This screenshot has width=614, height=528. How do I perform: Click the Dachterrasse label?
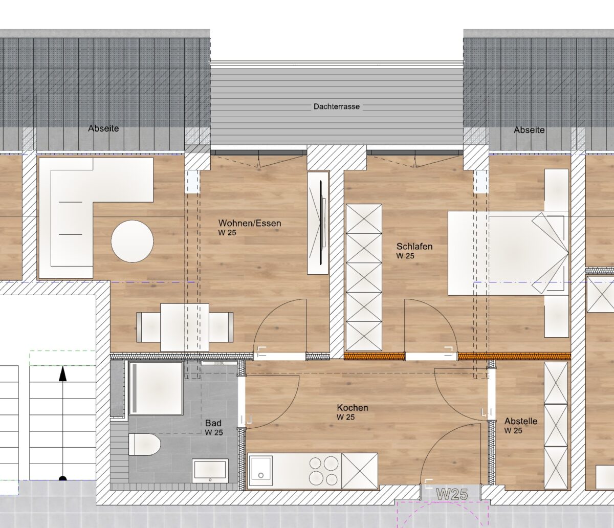(x=337, y=106)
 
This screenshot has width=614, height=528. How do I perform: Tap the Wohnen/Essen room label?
(x=250, y=223)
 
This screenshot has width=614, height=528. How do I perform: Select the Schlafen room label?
(x=414, y=246)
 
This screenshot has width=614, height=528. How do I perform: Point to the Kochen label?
(x=353, y=408)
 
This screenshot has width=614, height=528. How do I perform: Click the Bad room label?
(x=213, y=423)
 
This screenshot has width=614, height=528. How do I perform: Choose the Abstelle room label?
(x=521, y=421)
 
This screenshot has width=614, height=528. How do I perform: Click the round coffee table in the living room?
(x=132, y=241)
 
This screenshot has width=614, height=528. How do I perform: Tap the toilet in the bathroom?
(x=144, y=444)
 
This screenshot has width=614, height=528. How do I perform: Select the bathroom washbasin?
(x=210, y=471)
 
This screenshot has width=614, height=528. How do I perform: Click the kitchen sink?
(x=261, y=471)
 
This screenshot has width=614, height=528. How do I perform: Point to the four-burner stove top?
(x=323, y=470)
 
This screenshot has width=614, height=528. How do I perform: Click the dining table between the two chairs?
(x=185, y=327)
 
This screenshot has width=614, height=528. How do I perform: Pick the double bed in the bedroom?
(x=508, y=253)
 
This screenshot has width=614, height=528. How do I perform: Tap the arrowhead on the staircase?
(x=62, y=373)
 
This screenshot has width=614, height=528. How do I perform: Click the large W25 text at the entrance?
(x=452, y=494)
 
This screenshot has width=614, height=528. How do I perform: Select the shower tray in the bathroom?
(x=156, y=388)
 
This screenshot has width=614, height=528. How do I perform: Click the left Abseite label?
(x=103, y=128)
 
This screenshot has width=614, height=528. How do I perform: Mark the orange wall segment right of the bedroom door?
(x=514, y=356)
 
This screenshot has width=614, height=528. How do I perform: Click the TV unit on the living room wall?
(x=318, y=223)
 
